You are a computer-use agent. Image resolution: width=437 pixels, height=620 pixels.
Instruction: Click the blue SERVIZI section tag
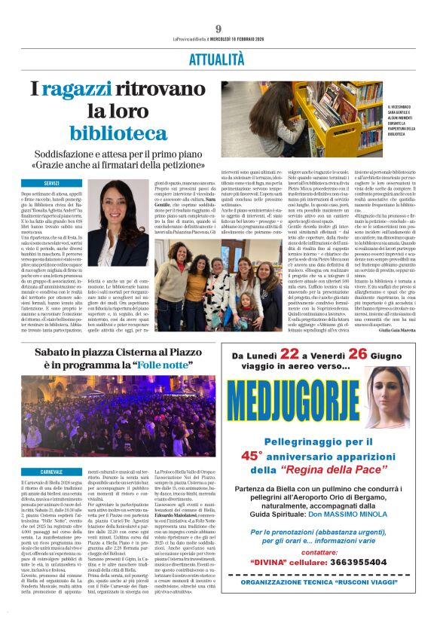(x=51, y=183)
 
